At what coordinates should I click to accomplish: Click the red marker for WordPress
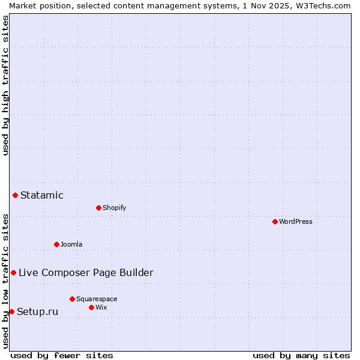(x=275, y=221)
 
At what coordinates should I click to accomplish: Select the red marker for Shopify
(x=98, y=208)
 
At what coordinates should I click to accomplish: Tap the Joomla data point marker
(x=56, y=244)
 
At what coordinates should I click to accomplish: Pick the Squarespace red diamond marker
(x=72, y=299)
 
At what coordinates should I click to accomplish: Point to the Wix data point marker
(x=91, y=307)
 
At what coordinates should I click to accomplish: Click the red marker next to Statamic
(x=15, y=195)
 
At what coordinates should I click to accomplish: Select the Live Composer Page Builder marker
(x=13, y=272)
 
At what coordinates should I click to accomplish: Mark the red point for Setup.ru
(x=11, y=311)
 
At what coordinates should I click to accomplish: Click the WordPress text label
(x=296, y=221)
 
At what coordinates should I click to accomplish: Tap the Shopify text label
(x=114, y=208)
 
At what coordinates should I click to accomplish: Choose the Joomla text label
(x=71, y=244)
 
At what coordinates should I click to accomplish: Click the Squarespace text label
(x=97, y=299)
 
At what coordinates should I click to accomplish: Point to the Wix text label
(x=101, y=307)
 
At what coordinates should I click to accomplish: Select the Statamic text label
(x=42, y=195)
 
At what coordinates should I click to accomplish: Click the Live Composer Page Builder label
(x=86, y=272)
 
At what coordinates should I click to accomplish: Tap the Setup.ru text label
(x=37, y=311)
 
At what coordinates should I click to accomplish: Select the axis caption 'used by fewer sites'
(x=62, y=355)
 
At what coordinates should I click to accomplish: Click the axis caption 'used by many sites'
(x=301, y=355)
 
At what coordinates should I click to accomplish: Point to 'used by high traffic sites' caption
(x=5, y=85)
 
